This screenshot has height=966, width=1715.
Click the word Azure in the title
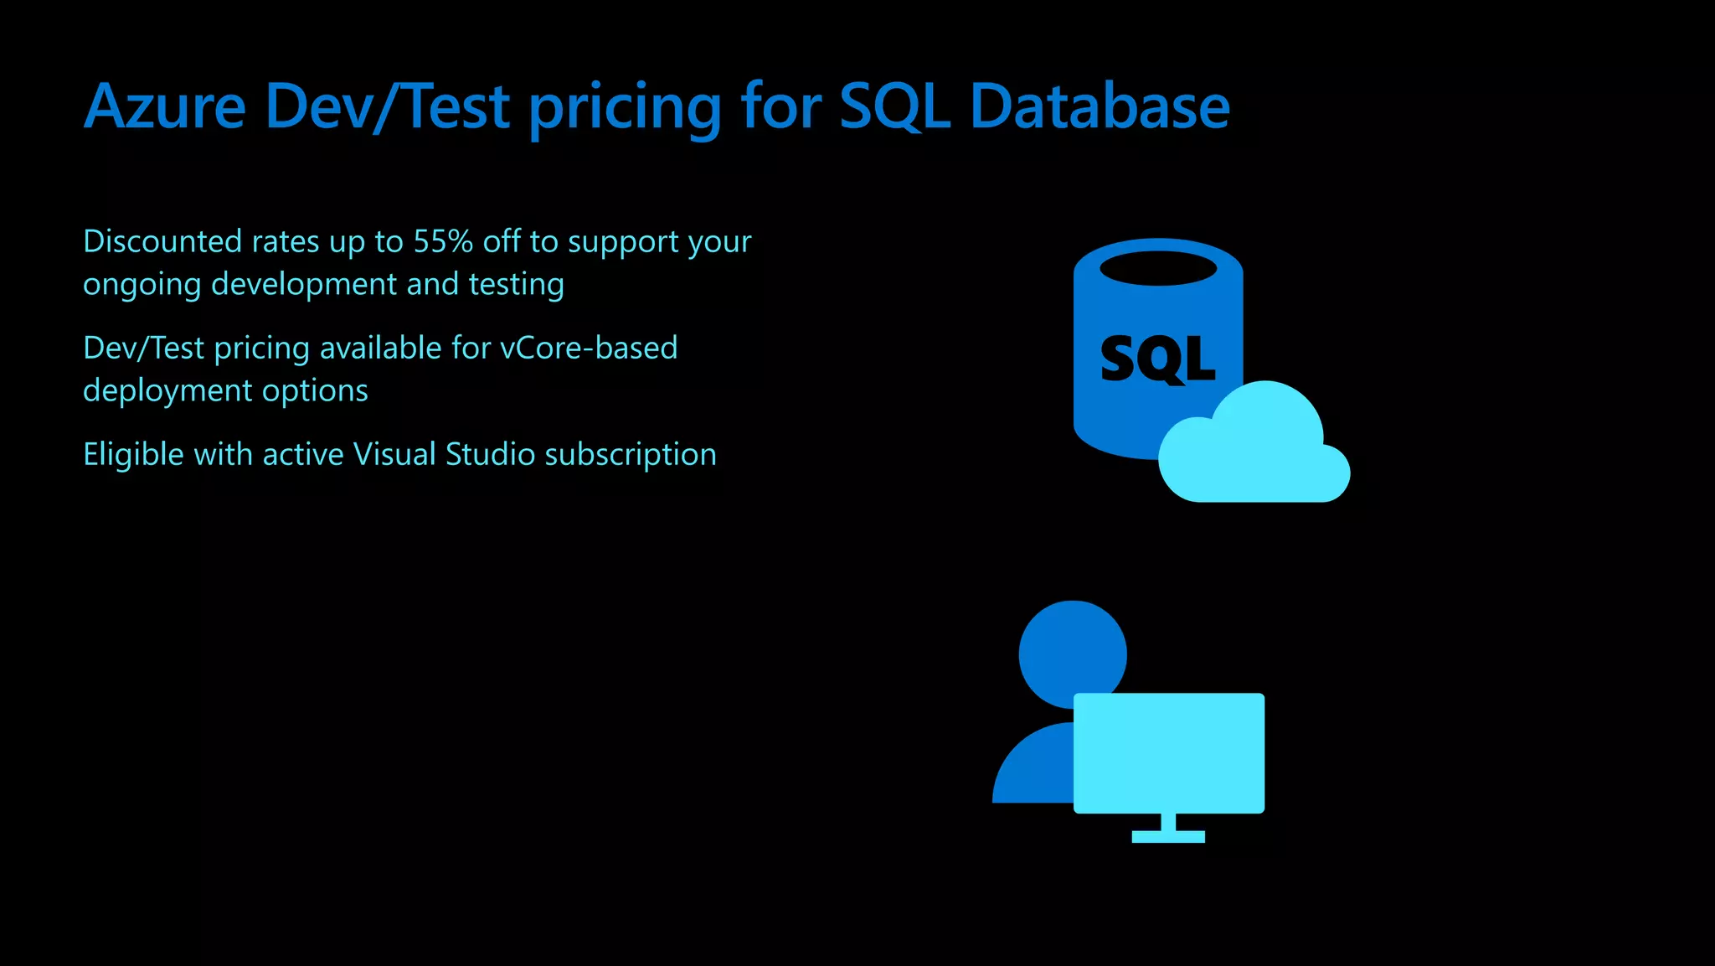click(x=165, y=107)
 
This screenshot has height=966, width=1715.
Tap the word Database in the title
click(x=1100, y=107)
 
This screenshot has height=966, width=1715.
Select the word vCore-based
click(x=589, y=349)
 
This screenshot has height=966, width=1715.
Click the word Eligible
click(x=133, y=455)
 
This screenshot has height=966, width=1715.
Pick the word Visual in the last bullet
click(x=394, y=455)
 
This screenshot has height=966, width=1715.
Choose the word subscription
click(x=631, y=455)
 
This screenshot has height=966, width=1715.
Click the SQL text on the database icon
click(x=1157, y=359)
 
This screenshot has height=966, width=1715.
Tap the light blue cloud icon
click(x=1256, y=452)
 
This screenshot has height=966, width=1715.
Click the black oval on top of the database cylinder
click(x=1158, y=269)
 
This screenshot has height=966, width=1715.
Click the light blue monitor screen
click(x=1169, y=752)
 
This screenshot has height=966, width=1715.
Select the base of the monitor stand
click(x=1168, y=836)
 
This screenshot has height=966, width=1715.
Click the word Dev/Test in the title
click(x=387, y=107)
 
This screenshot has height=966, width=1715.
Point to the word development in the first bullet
click(x=304, y=285)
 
